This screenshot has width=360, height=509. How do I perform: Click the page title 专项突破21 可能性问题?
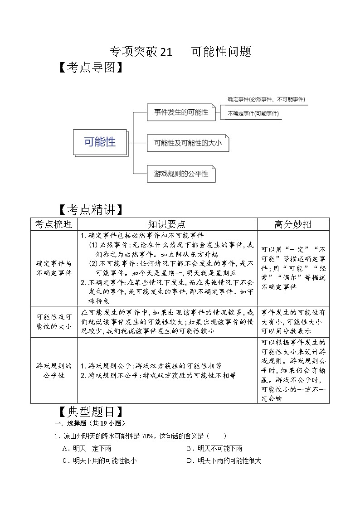pos(180,52)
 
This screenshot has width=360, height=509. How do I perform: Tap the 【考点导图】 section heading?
pos(90,68)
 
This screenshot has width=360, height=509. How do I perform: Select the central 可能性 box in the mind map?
pos(100,142)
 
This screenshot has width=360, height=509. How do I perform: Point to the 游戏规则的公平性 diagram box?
pos(181,173)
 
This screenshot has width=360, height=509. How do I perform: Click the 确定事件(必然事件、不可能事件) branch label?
pos(266,99)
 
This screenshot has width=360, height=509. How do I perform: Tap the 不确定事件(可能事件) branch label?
pos(253,113)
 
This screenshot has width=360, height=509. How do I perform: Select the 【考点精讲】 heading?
pos(90,210)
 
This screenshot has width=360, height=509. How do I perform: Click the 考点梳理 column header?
pos(54,224)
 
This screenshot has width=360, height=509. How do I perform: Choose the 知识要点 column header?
pos(167,224)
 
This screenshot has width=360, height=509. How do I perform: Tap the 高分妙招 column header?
pos(293,224)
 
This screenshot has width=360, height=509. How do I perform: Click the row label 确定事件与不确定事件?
pos(54,268)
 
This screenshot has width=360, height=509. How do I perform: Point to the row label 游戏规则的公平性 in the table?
pos(54,370)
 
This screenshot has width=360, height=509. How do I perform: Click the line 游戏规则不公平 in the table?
pos(158,375)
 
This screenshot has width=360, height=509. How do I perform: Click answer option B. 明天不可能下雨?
pos(214,448)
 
